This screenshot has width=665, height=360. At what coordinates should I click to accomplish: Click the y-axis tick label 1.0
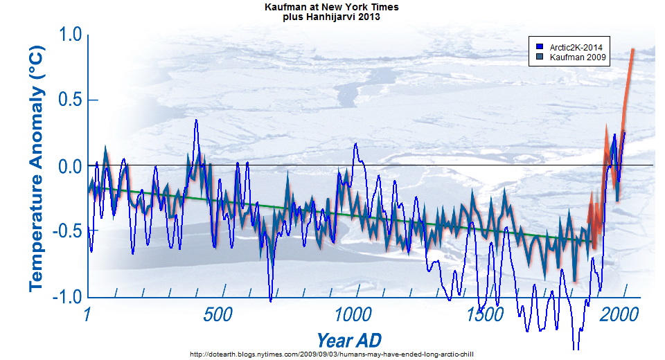point(67,35)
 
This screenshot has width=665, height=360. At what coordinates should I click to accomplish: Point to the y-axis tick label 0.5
point(67,101)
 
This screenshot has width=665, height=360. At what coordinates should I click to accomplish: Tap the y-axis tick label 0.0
point(67,167)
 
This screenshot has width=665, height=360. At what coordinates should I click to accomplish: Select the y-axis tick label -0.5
point(64,232)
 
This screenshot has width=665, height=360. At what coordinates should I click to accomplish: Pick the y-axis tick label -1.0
point(64,298)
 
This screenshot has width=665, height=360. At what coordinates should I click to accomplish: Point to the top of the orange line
point(632,49)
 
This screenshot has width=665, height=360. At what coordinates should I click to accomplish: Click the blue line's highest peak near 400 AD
point(196,120)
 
